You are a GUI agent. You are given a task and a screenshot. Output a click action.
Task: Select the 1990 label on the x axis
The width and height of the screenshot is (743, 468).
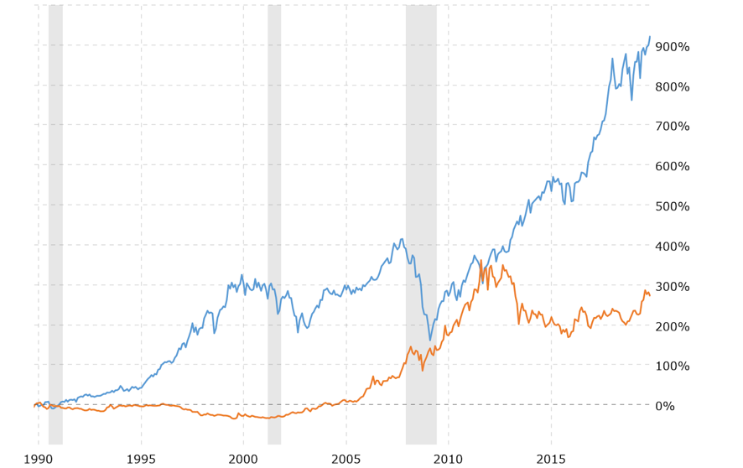click(39, 459)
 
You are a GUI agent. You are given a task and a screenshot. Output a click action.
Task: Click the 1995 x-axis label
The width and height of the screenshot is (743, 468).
click(141, 459)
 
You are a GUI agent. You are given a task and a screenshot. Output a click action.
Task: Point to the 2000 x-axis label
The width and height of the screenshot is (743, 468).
click(243, 459)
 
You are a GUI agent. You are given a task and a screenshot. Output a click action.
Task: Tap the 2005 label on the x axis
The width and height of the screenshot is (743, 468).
click(346, 459)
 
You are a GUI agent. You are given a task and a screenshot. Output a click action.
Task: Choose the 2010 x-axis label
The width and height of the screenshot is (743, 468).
click(448, 459)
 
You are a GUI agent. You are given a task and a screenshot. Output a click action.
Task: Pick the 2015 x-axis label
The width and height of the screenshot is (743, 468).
click(550, 459)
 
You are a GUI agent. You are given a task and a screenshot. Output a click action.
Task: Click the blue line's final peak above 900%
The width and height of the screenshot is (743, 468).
click(649, 37)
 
